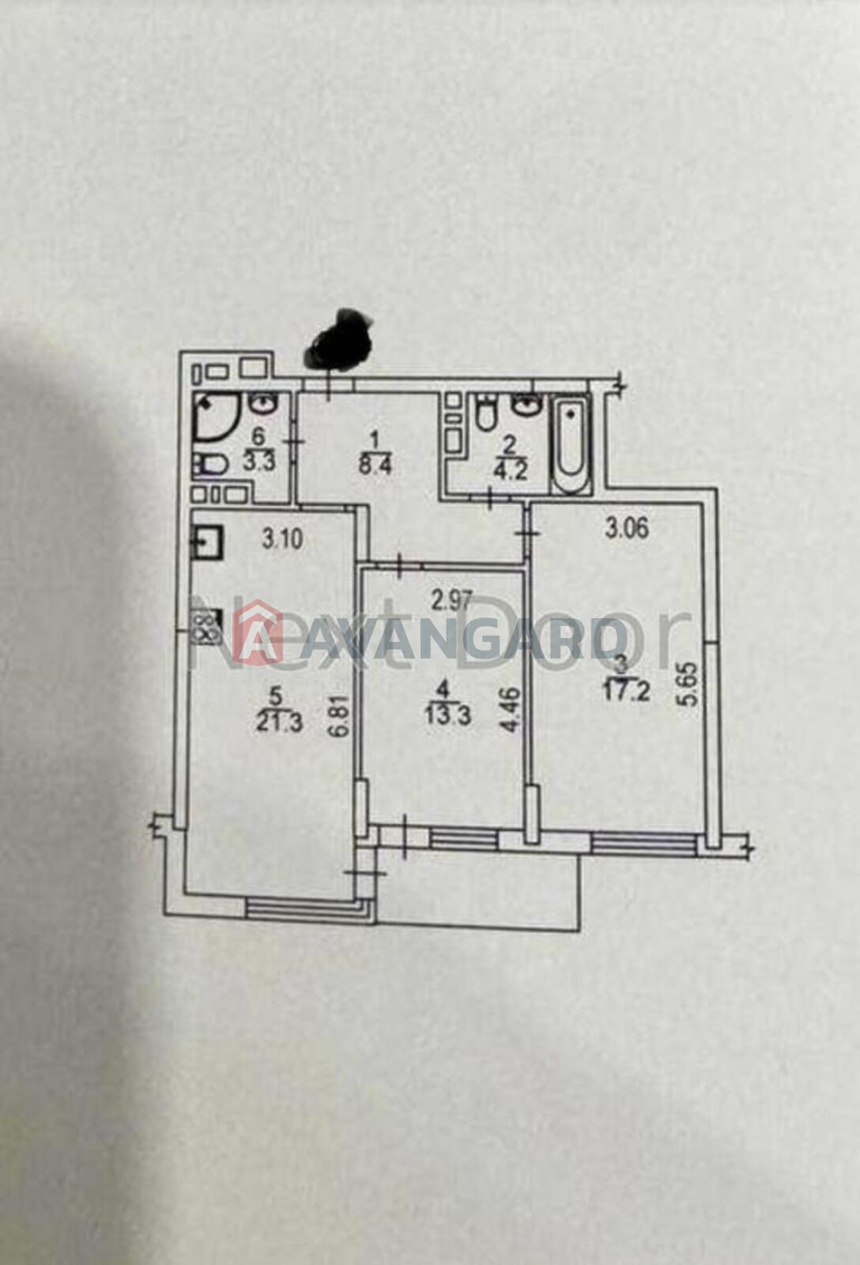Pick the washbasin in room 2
[x=526, y=404]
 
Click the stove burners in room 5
[x=206, y=628]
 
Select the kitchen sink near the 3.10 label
[x=208, y=542]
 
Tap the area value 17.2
[x=627, y=691]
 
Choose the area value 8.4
[x=375, y=467]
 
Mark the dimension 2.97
[x=451, y=600]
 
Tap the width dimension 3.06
[x=627, y=530]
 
